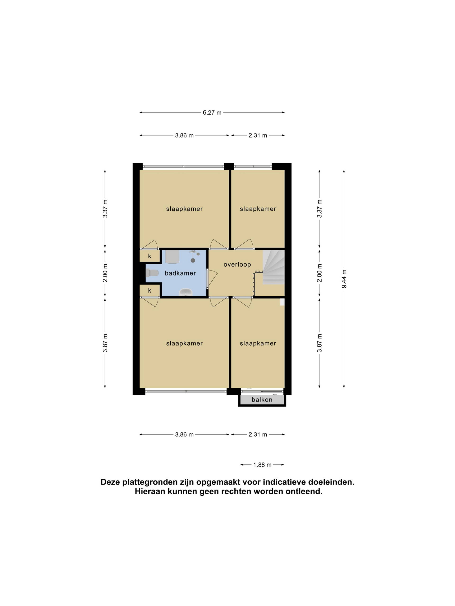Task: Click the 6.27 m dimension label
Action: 212,113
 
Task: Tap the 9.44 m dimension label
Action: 344,279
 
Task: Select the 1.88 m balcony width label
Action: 262,465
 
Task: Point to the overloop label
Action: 237,265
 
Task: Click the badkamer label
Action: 180,273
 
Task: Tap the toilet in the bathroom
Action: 152,273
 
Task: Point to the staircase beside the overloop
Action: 273,267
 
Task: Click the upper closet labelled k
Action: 150,256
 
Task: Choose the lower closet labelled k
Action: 150,290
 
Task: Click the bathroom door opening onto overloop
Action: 211,278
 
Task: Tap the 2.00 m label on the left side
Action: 105,273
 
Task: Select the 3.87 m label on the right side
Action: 319,343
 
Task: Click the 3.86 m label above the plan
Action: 184,135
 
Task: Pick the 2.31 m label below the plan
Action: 258,435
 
